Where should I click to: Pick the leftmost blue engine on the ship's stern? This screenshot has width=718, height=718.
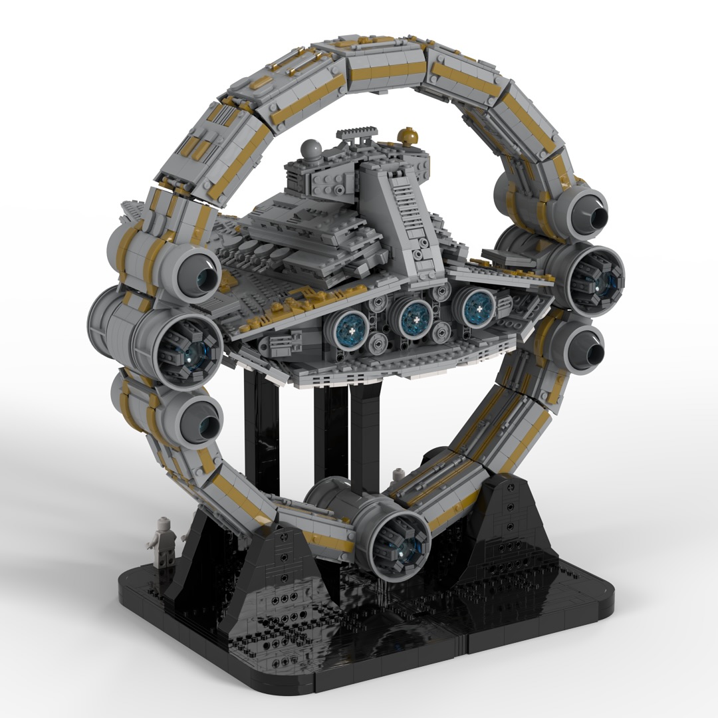350,328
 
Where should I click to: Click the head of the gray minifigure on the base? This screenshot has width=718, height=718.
163,529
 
